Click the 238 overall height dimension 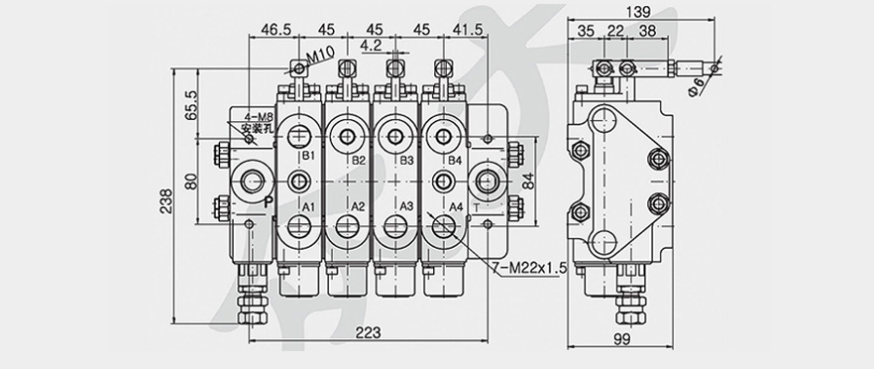point(165,201)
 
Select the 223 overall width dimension point(368,332)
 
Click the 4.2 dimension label point(371,46)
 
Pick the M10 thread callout point(320,56)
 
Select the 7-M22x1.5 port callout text point(529,268)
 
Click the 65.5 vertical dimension point(191,105)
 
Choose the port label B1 point(308,155)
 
